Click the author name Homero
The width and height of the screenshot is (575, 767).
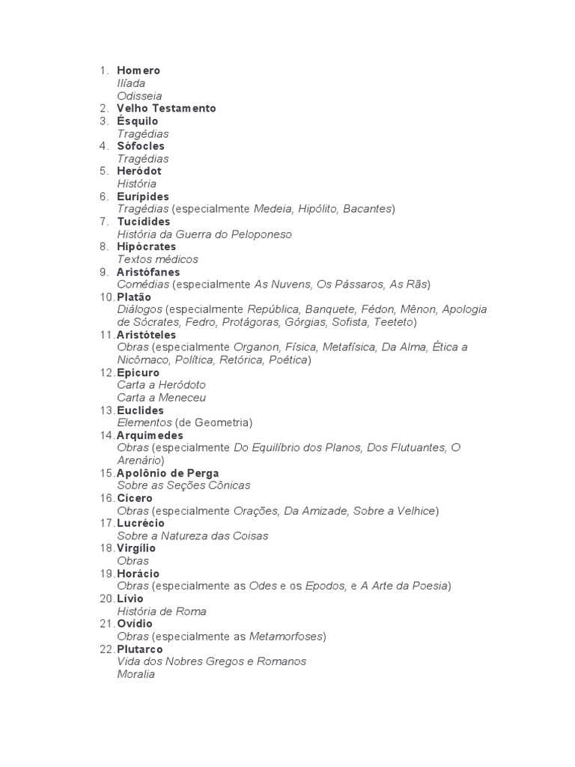pyautogui.click(x=139, y=70)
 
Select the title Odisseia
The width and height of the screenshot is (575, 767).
pyautogui.click(x=139, y=96)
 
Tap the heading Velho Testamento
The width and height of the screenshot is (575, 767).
pyautogui.click(x=166, y=109)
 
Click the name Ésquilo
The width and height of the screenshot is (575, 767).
pyautogui.click(x=138, y=121)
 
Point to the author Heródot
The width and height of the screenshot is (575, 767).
pyautogui.click(x=139, y=171)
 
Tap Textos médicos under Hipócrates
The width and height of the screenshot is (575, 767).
pyautogui.click(x=158, y=259)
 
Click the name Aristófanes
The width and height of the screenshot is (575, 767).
pyautogui.click(x=148, y=272)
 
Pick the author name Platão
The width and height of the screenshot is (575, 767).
pyautogui.click(x=134, y=297)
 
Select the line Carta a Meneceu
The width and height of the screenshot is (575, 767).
pyautogui.click(x=161, y=398)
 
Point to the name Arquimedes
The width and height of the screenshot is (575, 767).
pyautogui.click(x=150, y=435)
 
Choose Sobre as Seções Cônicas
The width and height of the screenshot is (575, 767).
pyautogui.click(x=183, y=485)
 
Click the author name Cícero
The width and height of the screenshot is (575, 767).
pyautogui.click(x=135, y=498)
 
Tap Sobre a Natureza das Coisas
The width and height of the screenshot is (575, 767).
pyautogui.click(x=192, y=536)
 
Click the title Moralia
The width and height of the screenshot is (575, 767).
pyautogui.click(x=136, y=674)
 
